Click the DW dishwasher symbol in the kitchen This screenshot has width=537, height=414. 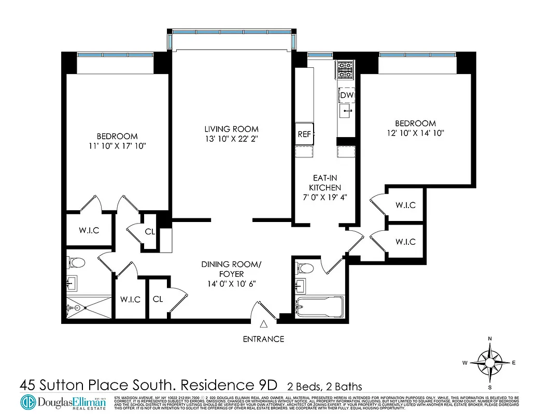[346, 96]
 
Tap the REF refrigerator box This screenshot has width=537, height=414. [304, 134]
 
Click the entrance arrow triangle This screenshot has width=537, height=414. [263, 324]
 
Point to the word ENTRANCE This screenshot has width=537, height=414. [263, 339]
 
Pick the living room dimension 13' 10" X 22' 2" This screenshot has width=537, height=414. [231, 139]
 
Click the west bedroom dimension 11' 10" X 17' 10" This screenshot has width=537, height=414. [117, 146]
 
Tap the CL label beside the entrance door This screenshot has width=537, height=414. [158, 299]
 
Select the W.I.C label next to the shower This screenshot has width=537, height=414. [130, 299]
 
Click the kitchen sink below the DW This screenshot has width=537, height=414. [346, 110]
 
